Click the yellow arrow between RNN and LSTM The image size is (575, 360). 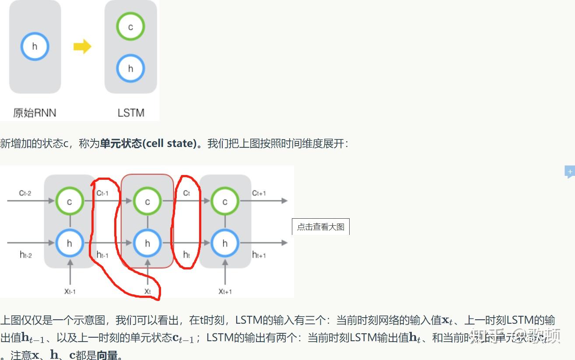coord(82,46)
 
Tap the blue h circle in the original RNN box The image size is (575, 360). coord(35,46)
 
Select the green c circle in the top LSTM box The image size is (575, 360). coord(130,27)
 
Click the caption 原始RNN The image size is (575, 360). coord(35,113)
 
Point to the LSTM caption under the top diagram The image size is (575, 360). coord(131,113)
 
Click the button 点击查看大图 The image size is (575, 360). coord(321,227)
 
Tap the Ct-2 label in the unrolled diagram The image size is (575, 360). coord(25,193)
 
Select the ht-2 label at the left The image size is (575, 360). coord(26,255)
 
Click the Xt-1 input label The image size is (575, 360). coord(70,291)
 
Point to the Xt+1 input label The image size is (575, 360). coord(225,291)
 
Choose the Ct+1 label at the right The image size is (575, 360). coord(259,193)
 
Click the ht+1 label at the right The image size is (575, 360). coord(259,255)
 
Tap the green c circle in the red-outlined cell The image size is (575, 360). coord(147,201)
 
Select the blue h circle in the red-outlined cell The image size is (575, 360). coord(147,243)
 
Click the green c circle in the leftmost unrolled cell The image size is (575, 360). coord(69,201)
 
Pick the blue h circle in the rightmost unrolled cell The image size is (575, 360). coord(225,243)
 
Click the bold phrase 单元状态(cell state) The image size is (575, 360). coord(148,143)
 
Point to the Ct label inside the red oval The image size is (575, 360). coord(186,193)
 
